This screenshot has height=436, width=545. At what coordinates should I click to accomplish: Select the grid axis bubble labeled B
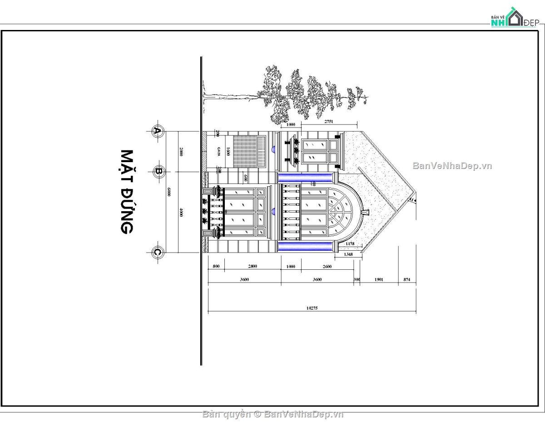coord(158,171)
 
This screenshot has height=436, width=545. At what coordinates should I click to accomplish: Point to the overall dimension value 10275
coord(312,308)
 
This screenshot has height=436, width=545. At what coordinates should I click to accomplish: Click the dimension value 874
coord(407,280)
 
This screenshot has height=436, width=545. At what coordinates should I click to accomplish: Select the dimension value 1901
coord(379,280)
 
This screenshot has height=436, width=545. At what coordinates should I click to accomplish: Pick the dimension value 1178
coord(350,244)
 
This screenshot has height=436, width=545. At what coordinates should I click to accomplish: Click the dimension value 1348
coord(349,255)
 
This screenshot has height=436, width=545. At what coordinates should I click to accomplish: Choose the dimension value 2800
coord(253,267)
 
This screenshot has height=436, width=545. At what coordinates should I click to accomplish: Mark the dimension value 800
coord(216,267)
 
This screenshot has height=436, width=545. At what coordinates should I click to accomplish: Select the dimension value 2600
coord(327,267)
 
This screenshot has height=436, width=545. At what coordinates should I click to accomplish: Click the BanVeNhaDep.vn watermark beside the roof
coord(452,166)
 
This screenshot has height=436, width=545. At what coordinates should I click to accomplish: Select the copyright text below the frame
coord(273,414)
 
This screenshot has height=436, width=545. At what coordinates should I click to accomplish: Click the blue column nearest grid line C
coord(305,247)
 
